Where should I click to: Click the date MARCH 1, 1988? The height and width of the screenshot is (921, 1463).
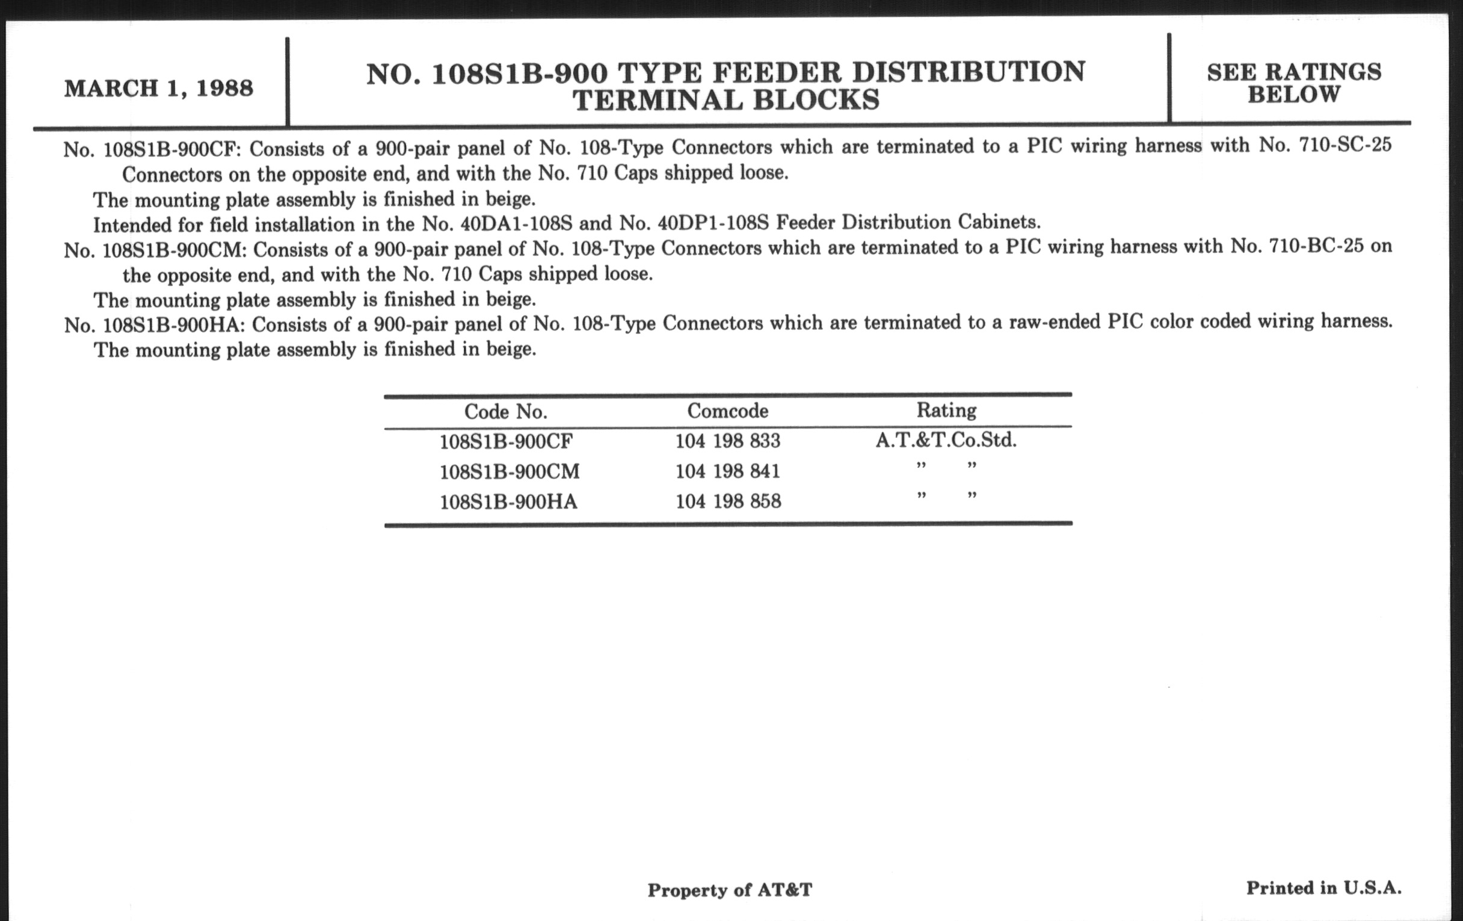[x=159, y=88]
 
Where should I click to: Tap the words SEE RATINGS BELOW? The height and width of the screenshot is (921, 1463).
[x=1293, y=82]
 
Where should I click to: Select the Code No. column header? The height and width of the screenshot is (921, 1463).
[x=505, y=412]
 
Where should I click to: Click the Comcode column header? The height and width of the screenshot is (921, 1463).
[x=727, y=411]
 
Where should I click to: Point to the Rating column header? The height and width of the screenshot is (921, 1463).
[x=946, y=411]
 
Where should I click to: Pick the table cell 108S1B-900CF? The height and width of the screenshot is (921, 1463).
[x=505, y=441]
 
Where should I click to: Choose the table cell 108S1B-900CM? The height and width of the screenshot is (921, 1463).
[x=509, y=471]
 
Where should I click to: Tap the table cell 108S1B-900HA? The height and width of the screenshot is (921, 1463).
[x=508, y=501]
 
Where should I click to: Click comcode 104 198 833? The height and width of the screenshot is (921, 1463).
[x=727, y=441]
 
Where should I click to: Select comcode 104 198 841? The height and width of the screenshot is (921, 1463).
[x=727, y=471]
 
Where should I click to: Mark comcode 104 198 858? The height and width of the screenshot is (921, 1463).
[x=728, y=501]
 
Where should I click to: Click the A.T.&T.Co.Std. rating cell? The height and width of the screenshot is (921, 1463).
[x=946, y=440]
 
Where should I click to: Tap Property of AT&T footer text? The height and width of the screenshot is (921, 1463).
[x=729, y=890]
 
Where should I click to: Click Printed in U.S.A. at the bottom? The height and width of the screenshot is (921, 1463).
[x=1323, y=888]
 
